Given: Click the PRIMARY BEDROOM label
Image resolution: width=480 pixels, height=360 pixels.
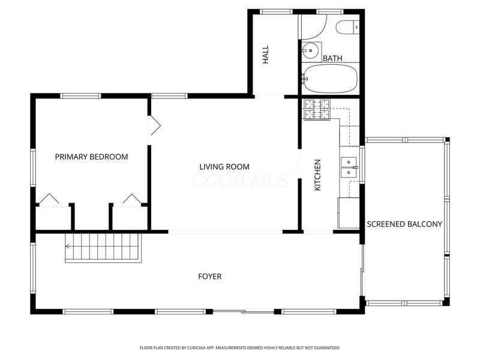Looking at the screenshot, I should pyautogui.click(x=91, y=157).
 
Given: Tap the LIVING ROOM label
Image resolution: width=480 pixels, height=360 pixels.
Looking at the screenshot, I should pyautogui.click(x=224, y=166).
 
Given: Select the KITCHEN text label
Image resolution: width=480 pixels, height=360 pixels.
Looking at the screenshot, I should pyautogui.click(x=317, y=175).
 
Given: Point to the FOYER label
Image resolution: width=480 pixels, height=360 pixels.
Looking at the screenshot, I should pyautogui.click(x=210, y=277).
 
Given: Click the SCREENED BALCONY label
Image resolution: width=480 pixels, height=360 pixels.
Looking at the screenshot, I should pyautogui.click(x=404, y=224).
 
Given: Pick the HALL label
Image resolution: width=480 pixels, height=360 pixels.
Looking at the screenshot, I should pyautogui.click(x=266, y=55).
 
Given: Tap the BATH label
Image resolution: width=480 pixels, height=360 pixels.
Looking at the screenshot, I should pyautogui.click(x=332, y=58).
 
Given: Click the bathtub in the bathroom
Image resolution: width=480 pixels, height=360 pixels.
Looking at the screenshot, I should pyautogui.click(x=331, y=78).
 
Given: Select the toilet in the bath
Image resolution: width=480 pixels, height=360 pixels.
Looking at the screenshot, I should pyautogui.click(x=347, y=27).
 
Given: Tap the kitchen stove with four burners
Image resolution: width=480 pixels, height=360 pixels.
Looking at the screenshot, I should pyautogui.click(x=317, y=109).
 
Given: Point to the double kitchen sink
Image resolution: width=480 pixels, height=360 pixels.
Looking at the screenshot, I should pyautogui.click(x=349, y=167).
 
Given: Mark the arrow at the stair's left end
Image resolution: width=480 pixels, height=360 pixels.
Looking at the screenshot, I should pyautogui.click(x=68, y=246).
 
